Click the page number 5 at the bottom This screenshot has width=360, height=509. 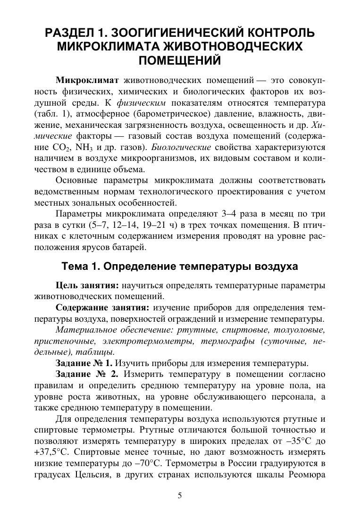(x=180, y=495)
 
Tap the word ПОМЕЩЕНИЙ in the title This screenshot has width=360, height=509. (x=180, y=60)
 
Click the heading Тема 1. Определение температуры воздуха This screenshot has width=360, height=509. (x=180, y=267)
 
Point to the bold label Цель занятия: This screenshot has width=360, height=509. (x=87, y=285)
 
